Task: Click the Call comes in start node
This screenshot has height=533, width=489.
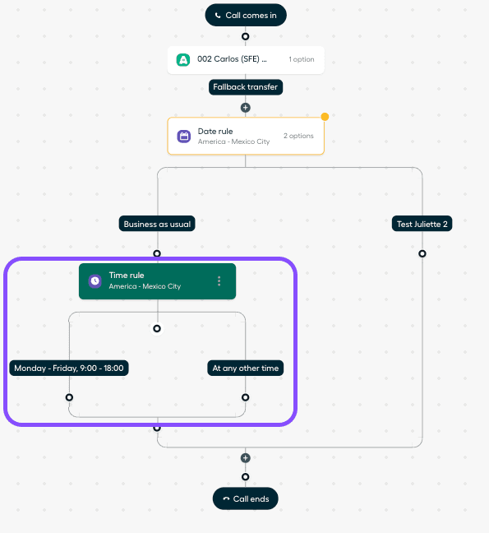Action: coord(246,15)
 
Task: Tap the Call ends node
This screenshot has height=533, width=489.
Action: coord(246,498)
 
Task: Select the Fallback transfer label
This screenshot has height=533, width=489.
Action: coord(246,87)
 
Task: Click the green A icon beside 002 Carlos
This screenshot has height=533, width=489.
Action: coord(183,60)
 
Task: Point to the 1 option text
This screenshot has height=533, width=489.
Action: coord(302,59)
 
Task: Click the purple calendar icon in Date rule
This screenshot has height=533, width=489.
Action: coord(184,137)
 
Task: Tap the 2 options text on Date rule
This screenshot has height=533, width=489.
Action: coord(298,136)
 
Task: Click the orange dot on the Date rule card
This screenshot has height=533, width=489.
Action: coord(325,117)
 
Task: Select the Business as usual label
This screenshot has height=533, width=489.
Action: coord(157,224)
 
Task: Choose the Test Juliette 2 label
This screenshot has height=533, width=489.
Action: coord(422,224)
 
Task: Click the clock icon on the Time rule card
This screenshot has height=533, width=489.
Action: coord(95,281)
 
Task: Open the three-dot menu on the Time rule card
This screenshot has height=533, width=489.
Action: coord(219,281)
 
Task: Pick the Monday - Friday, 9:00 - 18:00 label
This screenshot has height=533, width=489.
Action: coord(69,368)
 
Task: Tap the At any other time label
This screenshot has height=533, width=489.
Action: coord(246,368)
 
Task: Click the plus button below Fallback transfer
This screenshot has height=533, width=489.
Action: coord(246,108)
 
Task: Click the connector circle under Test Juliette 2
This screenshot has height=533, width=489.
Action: coord(422,253)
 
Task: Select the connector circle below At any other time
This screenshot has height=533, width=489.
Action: coord(245,397)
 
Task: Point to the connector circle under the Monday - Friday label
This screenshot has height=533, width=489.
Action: coord(69,397)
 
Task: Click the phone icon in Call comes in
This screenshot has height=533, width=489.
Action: coord(218,16)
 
